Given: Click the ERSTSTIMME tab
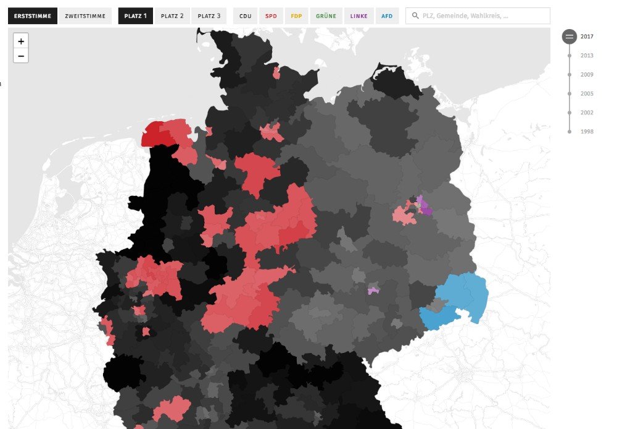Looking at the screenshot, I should pos(33,16).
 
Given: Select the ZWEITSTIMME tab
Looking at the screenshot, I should pos(85,16).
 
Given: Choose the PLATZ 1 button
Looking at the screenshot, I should pos(135,16).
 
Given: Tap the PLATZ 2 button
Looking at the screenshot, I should pos(172,16).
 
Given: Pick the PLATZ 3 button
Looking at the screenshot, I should pos(209,16).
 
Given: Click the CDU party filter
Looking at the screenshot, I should pos(246,16).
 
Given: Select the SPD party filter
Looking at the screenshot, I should pos(271,16).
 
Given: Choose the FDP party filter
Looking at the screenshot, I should pos(297,16).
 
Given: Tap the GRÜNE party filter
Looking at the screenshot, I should pos(326,16).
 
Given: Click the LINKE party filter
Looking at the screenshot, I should pos(358,16).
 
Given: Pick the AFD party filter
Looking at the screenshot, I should pos(387,16).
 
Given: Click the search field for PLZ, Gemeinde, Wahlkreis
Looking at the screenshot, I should pos(478,16).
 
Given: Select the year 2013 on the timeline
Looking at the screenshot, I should pos(586,56).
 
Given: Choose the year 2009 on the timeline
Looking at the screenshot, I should pos(586,75).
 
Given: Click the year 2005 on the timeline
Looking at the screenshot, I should pos(586,94).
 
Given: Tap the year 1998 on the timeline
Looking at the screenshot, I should pos(586,132).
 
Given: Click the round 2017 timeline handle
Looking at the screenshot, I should pos(569,36).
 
